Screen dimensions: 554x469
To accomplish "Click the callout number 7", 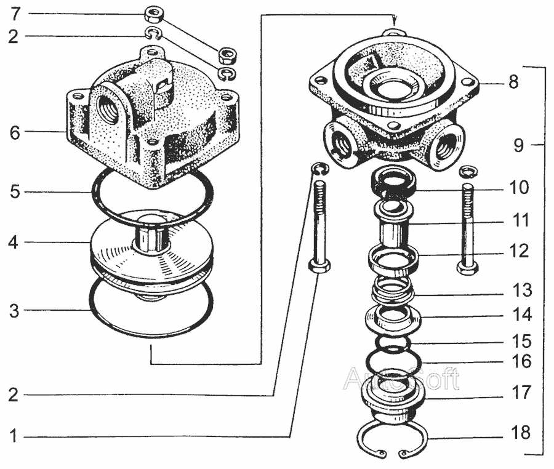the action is tap(15, 14).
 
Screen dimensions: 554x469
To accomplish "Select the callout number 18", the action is tap(521, 432).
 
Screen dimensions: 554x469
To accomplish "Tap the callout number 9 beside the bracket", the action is tap(518, 145).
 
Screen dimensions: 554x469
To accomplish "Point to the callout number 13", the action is tap(522, 290).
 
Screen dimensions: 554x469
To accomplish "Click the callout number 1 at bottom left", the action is tap(14, 436).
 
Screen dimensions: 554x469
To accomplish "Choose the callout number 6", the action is tap(15, 133).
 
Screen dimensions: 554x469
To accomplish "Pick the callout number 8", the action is tap(513, 82).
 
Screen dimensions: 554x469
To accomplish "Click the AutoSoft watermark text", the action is tap(401, 379).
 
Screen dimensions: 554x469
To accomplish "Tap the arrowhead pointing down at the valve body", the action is tap(395, 20).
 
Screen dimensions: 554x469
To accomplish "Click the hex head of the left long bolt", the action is tap(320, 265).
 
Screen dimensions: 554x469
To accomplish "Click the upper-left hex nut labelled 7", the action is tap(153, 15).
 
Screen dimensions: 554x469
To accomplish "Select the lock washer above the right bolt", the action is tap(468, 171).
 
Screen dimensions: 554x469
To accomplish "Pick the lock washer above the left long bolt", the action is tap(320, 168).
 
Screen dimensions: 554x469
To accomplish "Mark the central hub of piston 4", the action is tap(151, 235).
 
